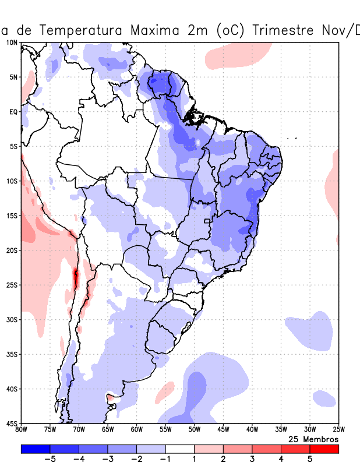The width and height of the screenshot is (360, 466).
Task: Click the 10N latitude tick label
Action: pyautogui.click(x=11, y=43)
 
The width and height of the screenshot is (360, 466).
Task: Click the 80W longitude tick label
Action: pyautogui.click(x=22, y=430)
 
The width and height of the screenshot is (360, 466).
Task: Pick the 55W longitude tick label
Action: pyautogui.click(x=165, y=430)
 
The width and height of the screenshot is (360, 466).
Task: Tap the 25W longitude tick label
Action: pyautogui.click(x=338, y=430)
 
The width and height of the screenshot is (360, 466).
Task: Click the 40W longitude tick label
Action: pyautogui.click(x=252, y=430)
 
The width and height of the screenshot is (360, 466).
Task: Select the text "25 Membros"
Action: pyautogui.click(x=313, y=439)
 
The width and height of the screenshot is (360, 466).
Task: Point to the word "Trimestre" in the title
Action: pyautogui.click(x=290, y=30)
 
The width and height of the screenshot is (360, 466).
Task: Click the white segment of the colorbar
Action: pyautogui.click(x=180, y=449)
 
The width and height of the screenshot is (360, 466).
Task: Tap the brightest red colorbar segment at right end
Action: pyautogui.click(x=324, y=449)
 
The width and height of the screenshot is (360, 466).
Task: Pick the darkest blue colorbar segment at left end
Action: pyautogui.click(x=36, y=449)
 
